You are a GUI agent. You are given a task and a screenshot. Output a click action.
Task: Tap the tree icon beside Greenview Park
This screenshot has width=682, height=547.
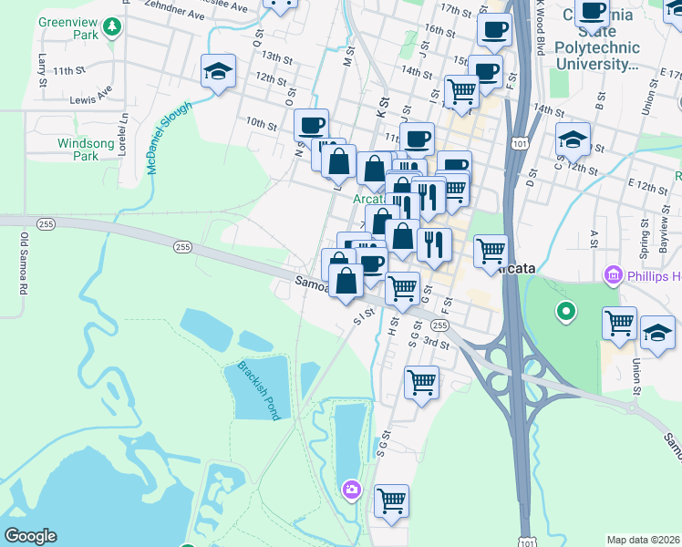point(113,26)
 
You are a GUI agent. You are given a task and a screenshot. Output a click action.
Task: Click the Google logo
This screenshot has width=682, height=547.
point(30,536)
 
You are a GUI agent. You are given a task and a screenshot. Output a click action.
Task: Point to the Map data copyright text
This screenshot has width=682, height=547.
point(644,540)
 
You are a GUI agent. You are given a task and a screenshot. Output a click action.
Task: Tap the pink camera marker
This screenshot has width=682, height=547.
point(352,490)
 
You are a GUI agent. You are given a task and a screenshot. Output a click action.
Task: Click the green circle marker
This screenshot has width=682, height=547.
point(566,314)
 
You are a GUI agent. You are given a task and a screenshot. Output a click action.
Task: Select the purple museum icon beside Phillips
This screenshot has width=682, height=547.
point(612,275)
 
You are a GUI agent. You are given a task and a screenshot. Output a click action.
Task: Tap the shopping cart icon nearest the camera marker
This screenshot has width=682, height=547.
point(391,500)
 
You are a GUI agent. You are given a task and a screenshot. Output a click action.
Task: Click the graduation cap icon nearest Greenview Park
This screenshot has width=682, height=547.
point(218,71)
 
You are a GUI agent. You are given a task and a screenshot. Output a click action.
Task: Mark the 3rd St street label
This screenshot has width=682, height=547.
point(436,343)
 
